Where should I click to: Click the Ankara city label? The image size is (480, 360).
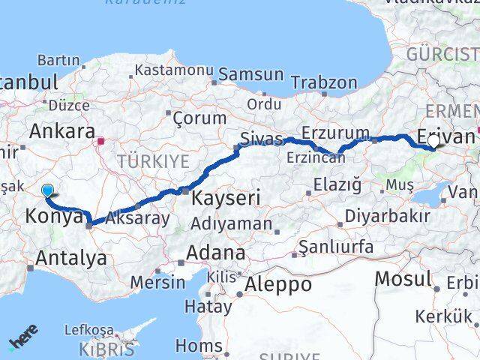pyautogui.click(x=61, y=130)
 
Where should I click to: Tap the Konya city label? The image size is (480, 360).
pyautogui.click(x=54, y=217)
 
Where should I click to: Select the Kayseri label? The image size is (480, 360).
pyautogui.click(x=226, y=199)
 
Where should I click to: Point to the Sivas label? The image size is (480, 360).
pyautogui.click(x=261, y=139)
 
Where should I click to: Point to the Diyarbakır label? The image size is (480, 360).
pyautogui.click(x=387, y=217)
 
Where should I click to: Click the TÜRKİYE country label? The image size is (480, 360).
pyautogui.click(x=152, y=161)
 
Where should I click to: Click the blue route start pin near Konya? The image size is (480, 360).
pyautogui.click(x=48, y=191)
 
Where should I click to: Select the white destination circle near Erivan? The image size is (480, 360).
pyautogui.click(x=433, y=140)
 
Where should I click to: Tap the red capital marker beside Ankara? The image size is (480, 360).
pyautogui.click(x=101, y=139)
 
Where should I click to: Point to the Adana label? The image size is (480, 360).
pyautogui.click(x=216, y=253)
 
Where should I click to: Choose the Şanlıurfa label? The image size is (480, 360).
pyautogui.click(x=335, y=247)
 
